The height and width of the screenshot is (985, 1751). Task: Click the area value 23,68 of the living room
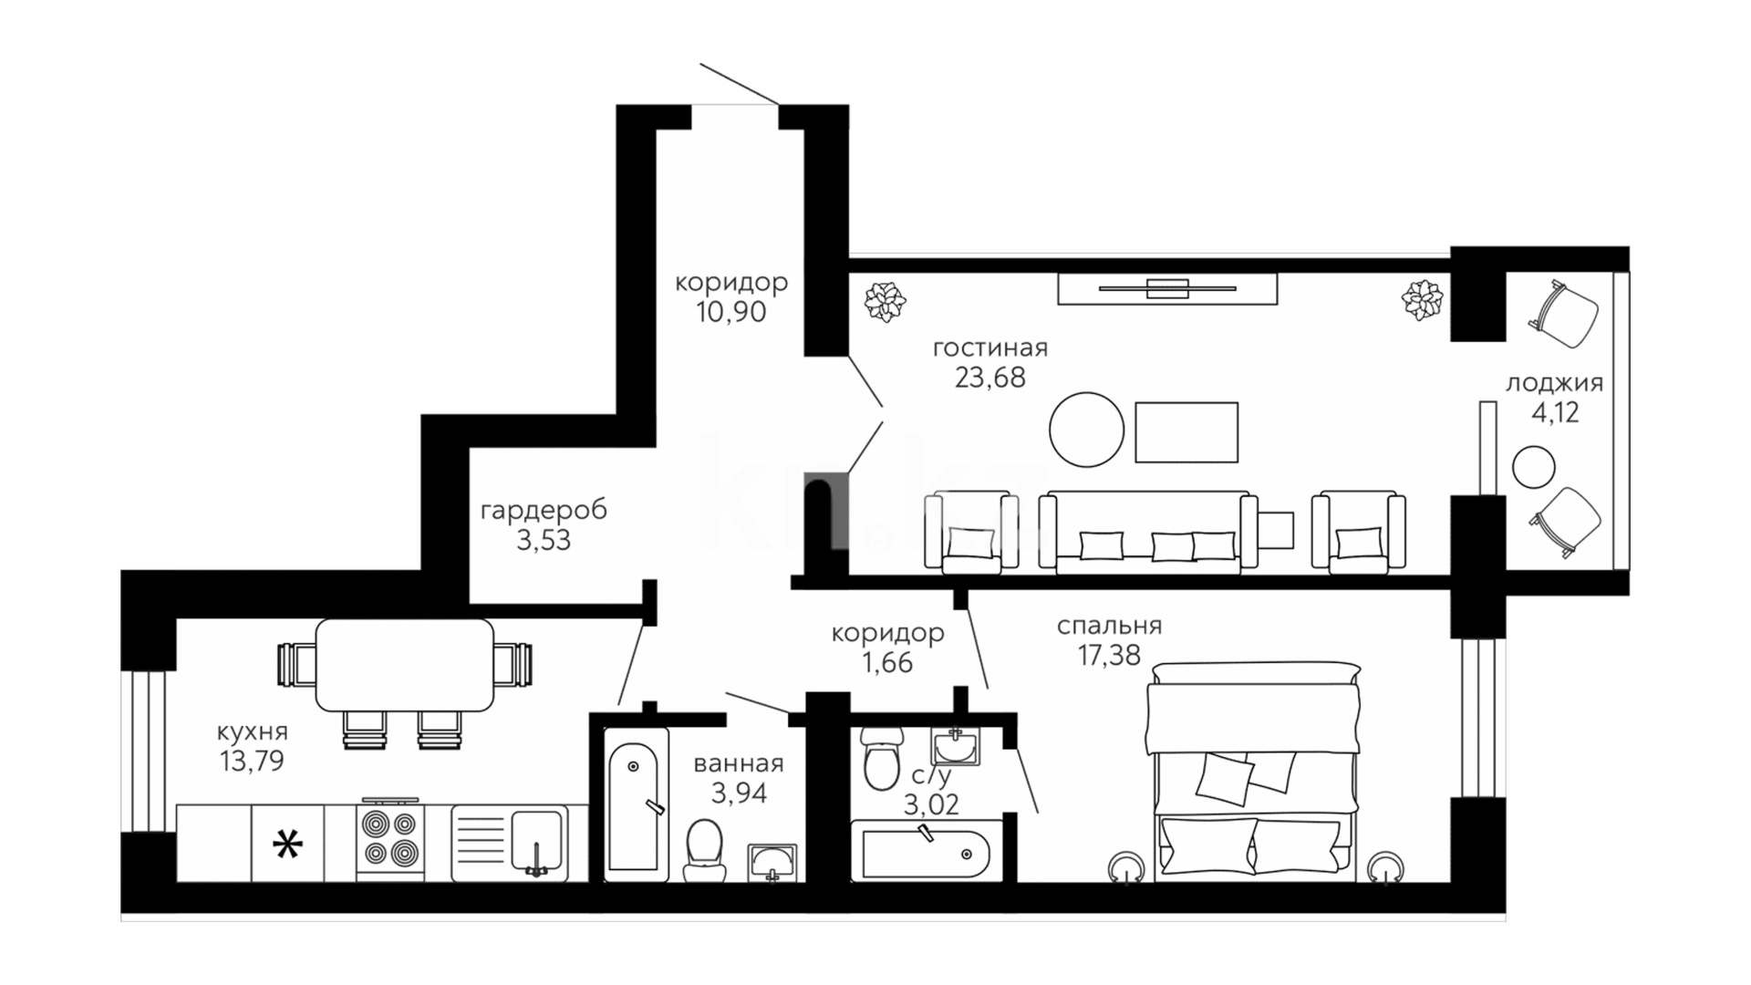(989, 377)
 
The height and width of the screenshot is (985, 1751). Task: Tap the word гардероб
(544, 511)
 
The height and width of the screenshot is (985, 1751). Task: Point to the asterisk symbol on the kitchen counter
(288, 846)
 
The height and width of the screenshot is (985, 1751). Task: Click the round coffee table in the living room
(1086, 430)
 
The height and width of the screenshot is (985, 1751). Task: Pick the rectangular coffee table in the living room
(1186, 432)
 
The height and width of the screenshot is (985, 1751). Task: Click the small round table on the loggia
(1533, 467)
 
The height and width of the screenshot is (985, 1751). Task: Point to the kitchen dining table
(405, 665)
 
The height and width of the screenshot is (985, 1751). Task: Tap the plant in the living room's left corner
(885, 302)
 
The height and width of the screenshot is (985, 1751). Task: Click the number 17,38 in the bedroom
(1109, 655)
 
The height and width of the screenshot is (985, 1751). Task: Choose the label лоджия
(1554, 384)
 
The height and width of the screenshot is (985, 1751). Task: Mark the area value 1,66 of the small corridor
(887, 662)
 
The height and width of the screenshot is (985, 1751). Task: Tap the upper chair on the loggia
(1563, 312)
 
